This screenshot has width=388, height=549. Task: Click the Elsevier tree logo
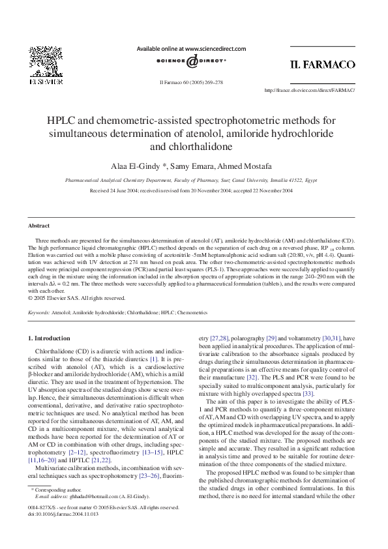click(44, 61)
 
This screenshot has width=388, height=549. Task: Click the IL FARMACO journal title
click(322, 65)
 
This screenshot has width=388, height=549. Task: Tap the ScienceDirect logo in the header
click(191, 61)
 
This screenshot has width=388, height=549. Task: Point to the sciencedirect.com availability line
click(191, 48)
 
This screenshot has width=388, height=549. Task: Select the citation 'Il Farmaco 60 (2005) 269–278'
click(191, 82)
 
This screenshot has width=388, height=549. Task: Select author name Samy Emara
click(192, 166)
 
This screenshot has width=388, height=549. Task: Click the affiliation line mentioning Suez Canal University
click(191, 180)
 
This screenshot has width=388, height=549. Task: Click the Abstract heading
click(38, 226)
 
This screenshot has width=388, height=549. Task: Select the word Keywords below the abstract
click(39, 313)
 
